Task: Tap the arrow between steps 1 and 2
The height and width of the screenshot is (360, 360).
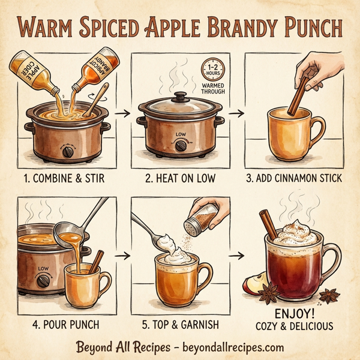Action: point(124,113)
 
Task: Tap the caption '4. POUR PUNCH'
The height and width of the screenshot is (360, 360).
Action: point(60,324)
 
